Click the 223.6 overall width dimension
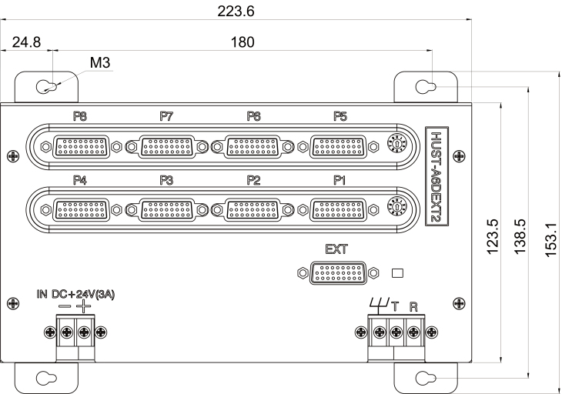(236, 12)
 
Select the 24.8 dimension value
(26, 42)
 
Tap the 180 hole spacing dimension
(243, 42)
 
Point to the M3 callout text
(100, 62)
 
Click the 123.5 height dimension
(493, 237)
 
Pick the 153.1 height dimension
(551, 239)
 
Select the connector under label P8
(81, 147)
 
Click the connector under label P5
(338, 147)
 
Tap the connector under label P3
(166, 210)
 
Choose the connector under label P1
(338, 210)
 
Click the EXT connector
(338, 273)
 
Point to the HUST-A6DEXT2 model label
(437, 176)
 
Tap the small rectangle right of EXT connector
(397, 273)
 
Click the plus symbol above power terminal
(84, 306)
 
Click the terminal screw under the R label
(413, 332)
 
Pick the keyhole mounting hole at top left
(47, 86)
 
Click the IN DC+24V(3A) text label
(75, 295)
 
